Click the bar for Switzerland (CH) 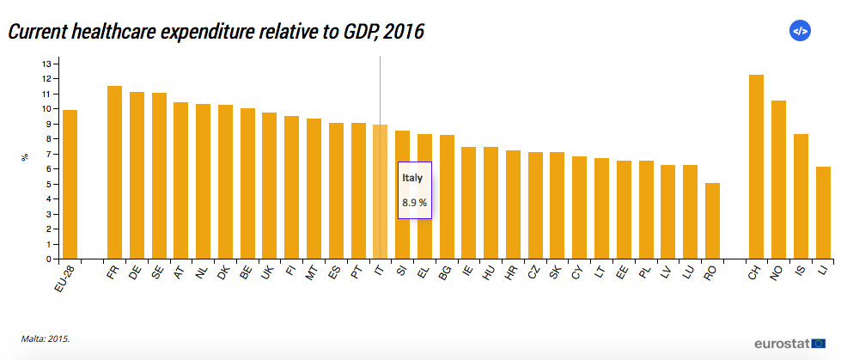tap(756, 167)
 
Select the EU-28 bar tap(70, 184)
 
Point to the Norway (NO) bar tap(778, 180)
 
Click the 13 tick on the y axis tap(48, 64)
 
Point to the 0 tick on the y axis tap(48, 259)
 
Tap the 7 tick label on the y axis tap(48, 154)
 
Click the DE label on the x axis tap(134, 273)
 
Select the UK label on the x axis tap(267, 273)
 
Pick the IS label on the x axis tap(799, 272)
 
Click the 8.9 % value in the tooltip tap(414, 203)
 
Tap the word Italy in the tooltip tap(412, 178)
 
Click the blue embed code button tap(800, 31)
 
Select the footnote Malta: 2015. tap(46, 339)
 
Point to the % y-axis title tap(25, 157)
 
